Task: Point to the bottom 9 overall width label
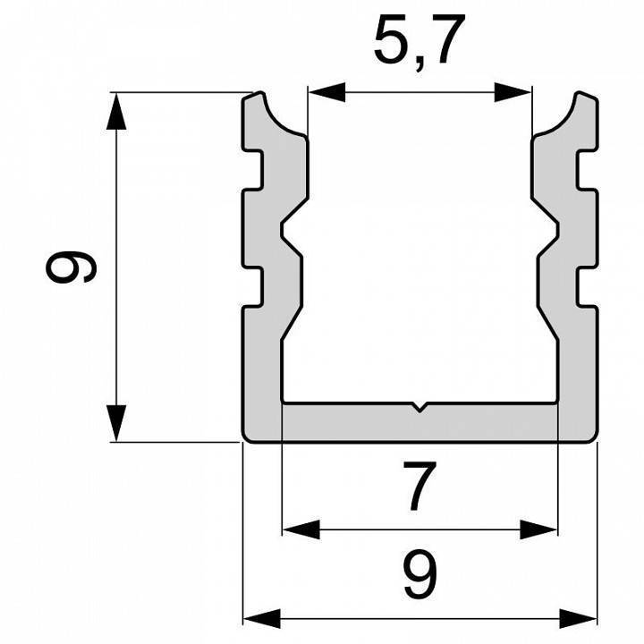pos(419,575)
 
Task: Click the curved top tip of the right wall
pos(584,97)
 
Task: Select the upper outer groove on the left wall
pos(253,169)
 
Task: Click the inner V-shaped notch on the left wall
pos(289,235)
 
